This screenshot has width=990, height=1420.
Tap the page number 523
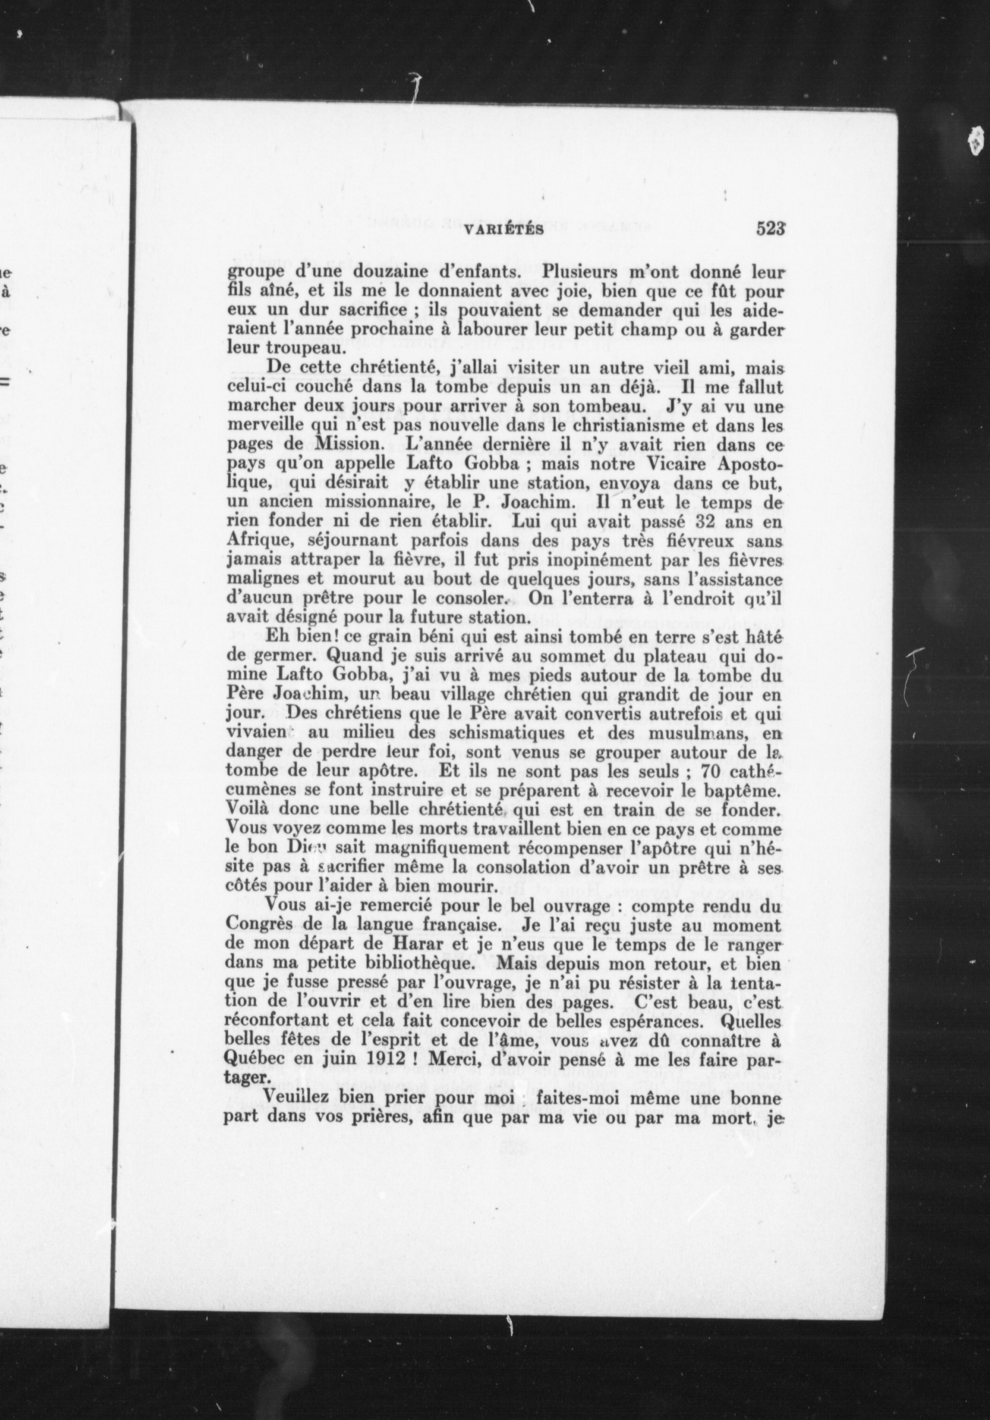point(771,229)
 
